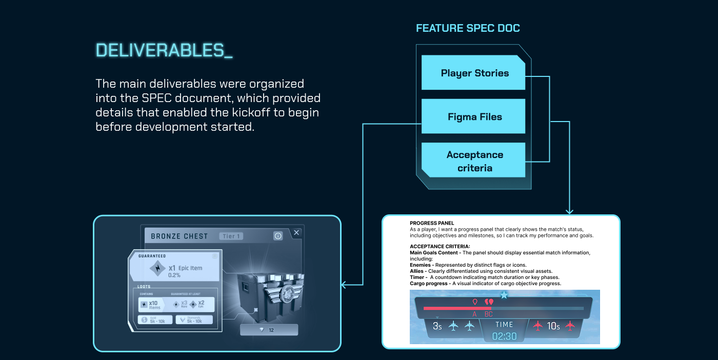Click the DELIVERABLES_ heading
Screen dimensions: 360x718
[x=164, y=50]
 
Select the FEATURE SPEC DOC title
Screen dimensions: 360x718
[x=468, y=28]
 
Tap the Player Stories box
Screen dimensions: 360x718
[x=474, y=73]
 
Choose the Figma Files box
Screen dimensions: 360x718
[x=474, y=117]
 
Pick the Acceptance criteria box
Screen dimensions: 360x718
[x=474, y=161]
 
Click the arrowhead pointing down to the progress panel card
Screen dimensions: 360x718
[x=569, y=210]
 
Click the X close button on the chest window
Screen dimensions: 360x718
[x=296, y=233]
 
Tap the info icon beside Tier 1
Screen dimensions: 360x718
[x=278, y=236]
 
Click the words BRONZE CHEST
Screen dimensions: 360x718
[x=180, y=236]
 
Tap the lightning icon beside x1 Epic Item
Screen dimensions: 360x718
[x=157, y=268]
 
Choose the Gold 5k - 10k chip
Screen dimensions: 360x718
[x=155, y=320]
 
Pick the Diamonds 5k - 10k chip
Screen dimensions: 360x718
[x=194, y=320]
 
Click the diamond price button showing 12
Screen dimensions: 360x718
[x=269, y=330]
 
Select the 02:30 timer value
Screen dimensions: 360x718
[x=504, y=336]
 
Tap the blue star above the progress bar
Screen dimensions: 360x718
[x=504, y=295]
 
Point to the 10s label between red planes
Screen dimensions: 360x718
[x=553, y=326]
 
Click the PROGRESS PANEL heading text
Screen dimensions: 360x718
[x=432, y=223]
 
